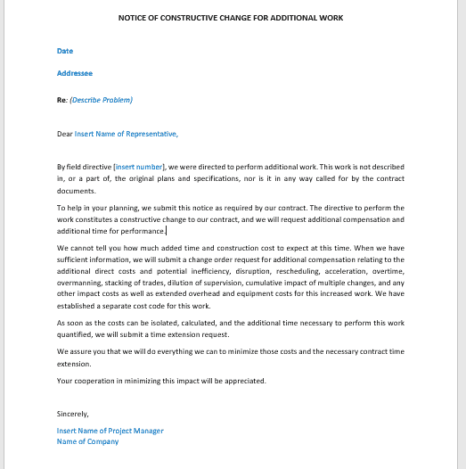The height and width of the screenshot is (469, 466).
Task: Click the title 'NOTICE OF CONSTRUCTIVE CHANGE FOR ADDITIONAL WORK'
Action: (x=230, y=18)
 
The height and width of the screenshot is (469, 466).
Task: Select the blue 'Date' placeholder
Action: (x=64, y=51)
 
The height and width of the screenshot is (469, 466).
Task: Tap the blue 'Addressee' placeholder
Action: (x=74, y=73)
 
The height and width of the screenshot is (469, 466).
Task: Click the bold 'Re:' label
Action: (x=61, y=100)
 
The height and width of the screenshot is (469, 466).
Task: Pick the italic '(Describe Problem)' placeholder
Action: (x=101, y=100)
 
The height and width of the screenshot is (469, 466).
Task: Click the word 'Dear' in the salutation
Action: (x=64, y=135)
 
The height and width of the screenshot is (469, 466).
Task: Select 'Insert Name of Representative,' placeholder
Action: (x=126, y=135)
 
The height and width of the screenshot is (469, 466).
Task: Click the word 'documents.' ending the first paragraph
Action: (x=76, y=191)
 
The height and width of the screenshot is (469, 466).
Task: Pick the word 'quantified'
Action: (x=78, y=334)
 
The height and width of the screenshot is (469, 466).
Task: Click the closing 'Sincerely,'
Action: (x=73, y=414)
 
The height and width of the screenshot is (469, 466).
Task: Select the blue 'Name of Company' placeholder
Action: (x=87, y=441)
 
